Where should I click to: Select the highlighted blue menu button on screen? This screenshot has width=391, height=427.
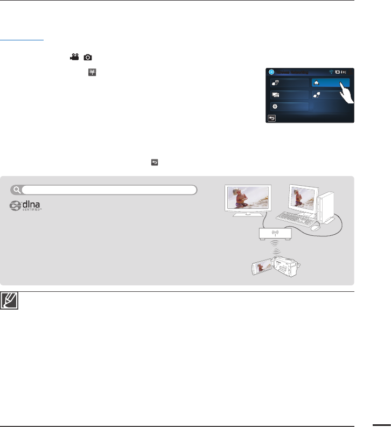point(330,82)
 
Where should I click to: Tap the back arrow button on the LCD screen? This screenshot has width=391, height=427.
point(271,118)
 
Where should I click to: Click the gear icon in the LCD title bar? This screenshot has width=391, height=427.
point(271,72)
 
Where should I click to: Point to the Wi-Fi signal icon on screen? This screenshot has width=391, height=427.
point(331,72)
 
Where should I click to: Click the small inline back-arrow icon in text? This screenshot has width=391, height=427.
point(154,161)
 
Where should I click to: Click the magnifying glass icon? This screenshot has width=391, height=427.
point(18,189)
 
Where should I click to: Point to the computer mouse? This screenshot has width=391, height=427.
point(316,227)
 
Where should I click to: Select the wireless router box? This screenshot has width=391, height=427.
point(275,233)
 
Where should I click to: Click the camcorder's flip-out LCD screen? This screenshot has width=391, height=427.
point(255,267)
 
